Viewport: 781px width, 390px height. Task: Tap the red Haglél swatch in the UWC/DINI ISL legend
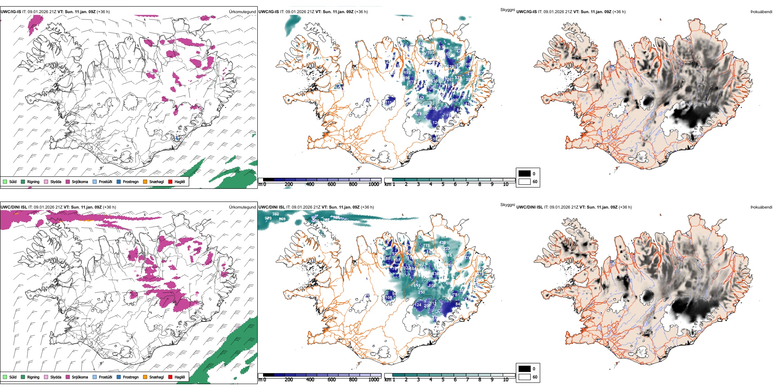(x=170, y=377)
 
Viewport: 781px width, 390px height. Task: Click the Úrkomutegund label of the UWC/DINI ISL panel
(x=242, y=207)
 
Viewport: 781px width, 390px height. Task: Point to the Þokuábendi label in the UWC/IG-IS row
(x=761, y=12)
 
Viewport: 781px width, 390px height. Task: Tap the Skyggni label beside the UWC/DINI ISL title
(x=507, y=204)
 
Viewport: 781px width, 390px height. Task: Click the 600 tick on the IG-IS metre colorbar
(x=331, y=184)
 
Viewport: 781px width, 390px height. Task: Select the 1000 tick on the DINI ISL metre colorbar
(x=374, y=380)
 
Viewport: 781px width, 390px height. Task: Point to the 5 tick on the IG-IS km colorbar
(x=443, y=184)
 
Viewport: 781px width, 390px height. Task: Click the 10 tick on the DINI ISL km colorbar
(x=506, y=380)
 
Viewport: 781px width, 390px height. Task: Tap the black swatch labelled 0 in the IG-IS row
(x=525, y=174)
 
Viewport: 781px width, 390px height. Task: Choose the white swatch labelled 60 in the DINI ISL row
(x=525, y=377)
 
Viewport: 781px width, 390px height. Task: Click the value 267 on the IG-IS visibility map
(x=450, y=80)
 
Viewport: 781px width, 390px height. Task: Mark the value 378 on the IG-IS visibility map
(x=418, y=114)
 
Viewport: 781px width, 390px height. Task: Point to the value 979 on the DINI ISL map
(x=268, y=218)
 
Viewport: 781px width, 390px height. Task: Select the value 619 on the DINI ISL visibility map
(x=417, y=286)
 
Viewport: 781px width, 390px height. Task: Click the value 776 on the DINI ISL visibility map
(x=426, y=245)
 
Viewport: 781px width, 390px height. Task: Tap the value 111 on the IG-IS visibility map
(x=388, y=103)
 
